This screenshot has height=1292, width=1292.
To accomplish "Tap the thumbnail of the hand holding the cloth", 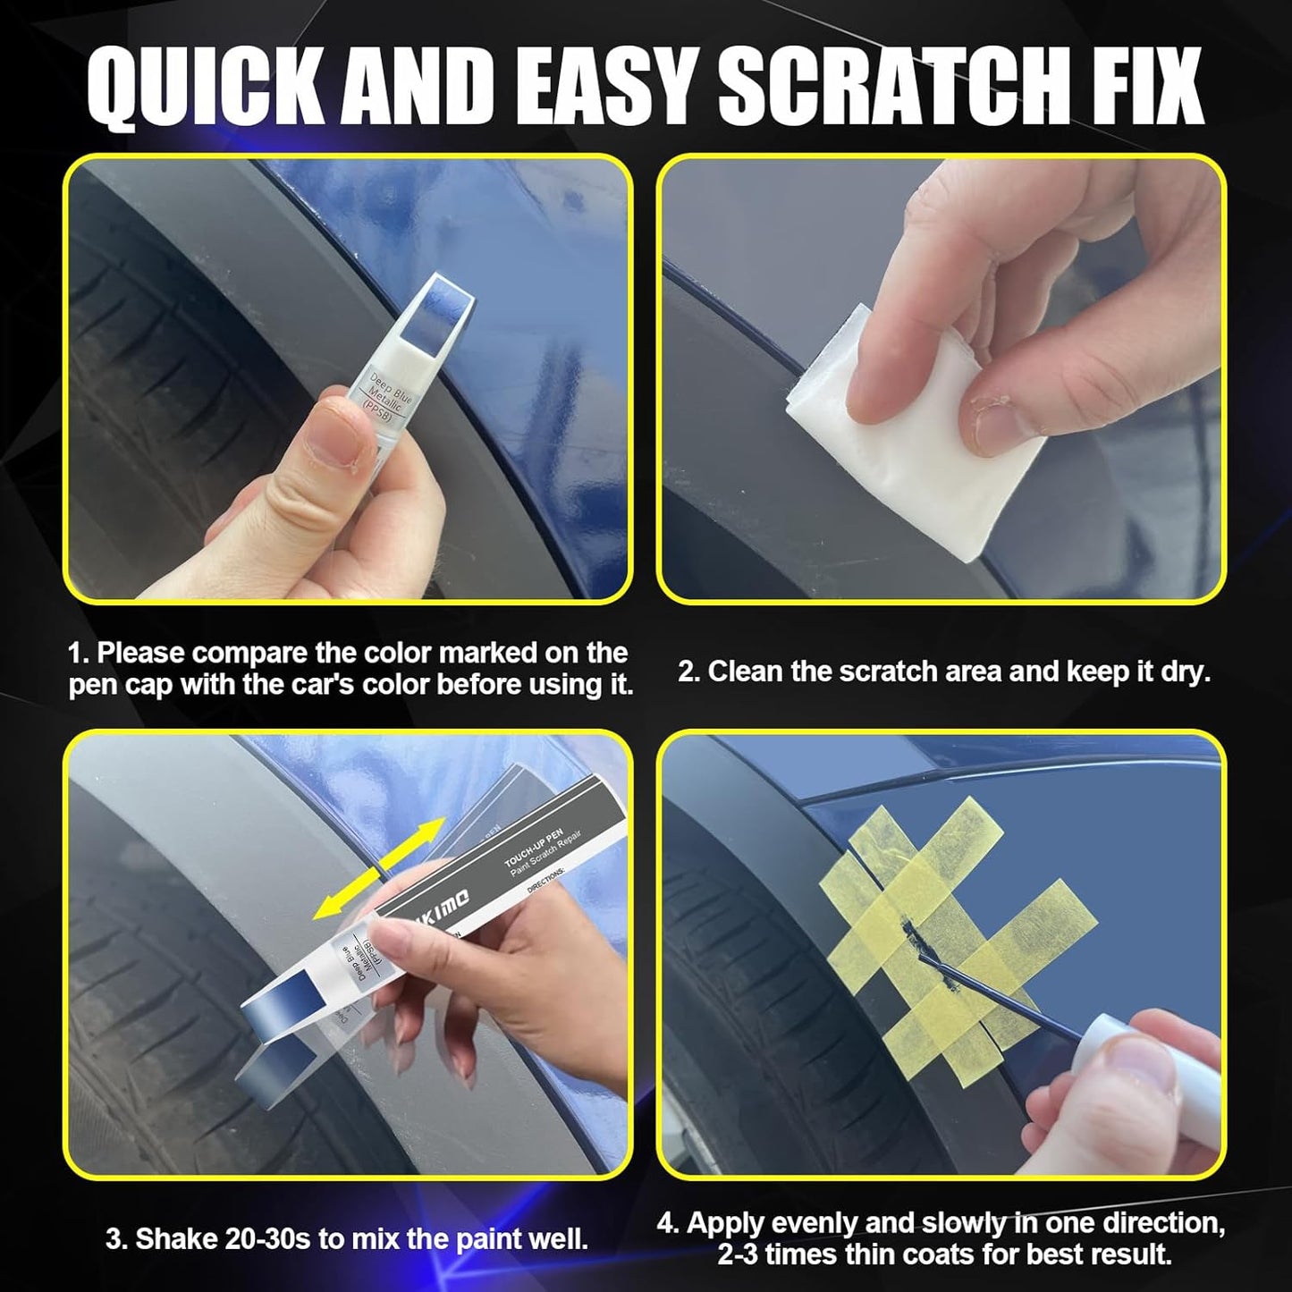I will click(941, 377).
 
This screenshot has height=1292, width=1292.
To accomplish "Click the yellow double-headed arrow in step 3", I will click(379, 868).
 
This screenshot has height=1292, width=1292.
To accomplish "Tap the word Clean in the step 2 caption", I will click(746, 671).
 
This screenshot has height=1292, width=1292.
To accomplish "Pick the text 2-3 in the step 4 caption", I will click(739, 1254).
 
